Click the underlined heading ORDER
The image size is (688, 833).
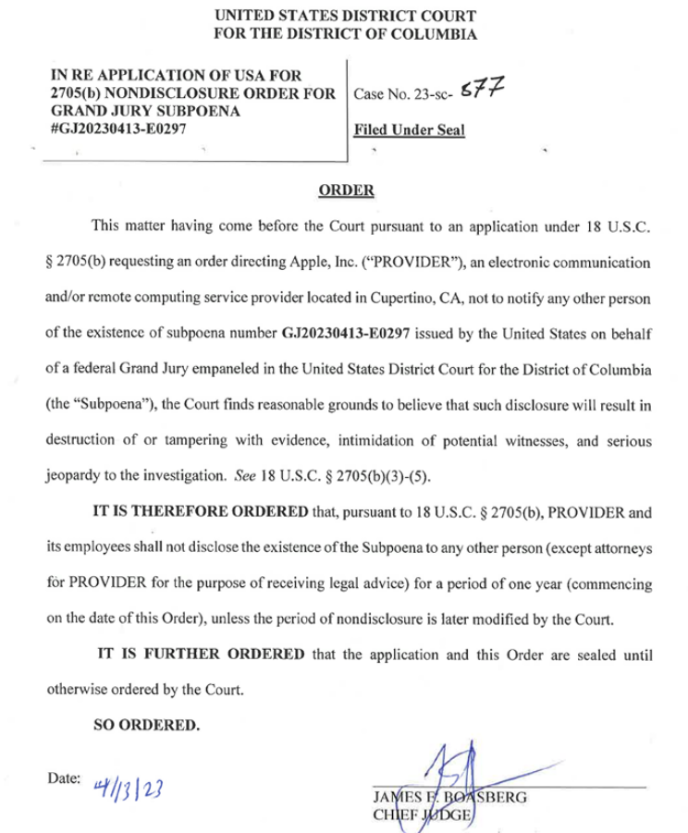346,190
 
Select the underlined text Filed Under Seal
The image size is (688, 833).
410,130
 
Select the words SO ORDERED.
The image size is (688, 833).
147,725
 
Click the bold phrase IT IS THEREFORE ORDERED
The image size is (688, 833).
200,513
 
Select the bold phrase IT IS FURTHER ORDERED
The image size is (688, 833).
202,655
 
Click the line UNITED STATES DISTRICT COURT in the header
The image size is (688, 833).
346,17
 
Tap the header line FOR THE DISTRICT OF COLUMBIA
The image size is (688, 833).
346,35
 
